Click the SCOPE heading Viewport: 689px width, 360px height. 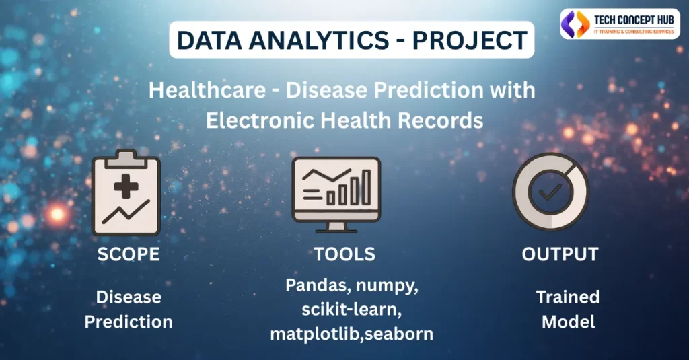[x=129, y=254]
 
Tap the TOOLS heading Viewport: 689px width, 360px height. [x=344, y=254]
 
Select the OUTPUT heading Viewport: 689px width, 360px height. [x=560, y=254]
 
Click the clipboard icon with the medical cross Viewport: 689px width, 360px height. [x=126, y=195]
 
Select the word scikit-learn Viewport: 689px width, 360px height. [x=344, y=309]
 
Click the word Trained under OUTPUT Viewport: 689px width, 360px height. [x=568, y=297]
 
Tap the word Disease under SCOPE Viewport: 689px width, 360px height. [x=129, y=297]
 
